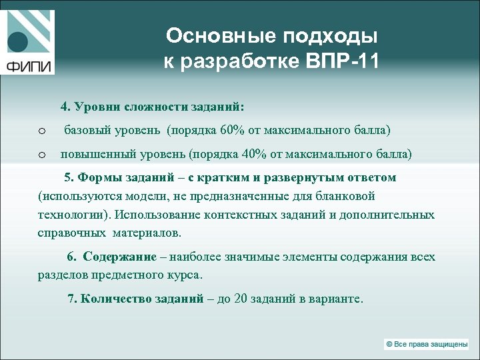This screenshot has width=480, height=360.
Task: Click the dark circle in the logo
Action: [18, 42]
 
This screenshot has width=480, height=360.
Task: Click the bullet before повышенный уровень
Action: [41, 155]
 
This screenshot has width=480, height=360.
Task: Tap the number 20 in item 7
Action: [241, 299]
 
